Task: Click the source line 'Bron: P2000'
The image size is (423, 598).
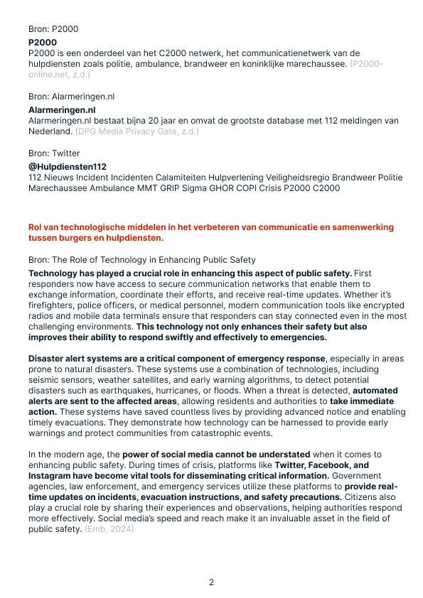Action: (53, 29)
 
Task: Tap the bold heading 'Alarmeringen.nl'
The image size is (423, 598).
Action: (62, 110)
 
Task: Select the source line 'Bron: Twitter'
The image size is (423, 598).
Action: (54, 153)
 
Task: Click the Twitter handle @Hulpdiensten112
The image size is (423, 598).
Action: (68, 167)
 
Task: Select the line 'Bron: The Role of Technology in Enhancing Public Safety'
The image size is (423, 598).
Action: (141, 260)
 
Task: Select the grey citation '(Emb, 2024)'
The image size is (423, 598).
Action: (109, 529)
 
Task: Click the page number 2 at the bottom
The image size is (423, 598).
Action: (211, 582)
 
